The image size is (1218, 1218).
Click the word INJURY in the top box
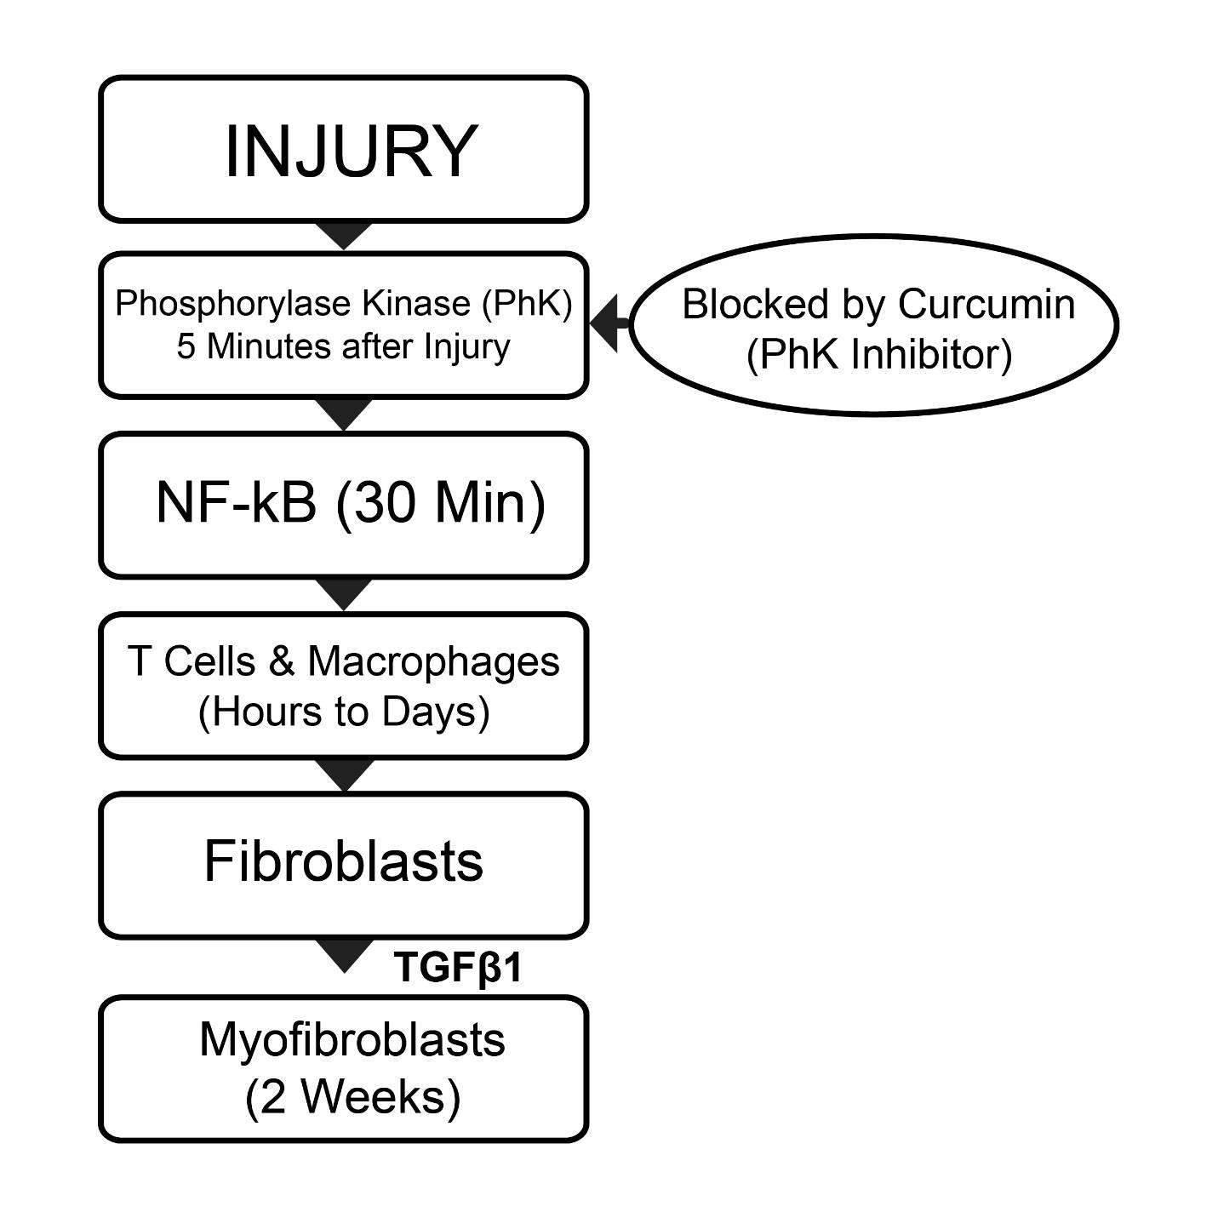(352, 152)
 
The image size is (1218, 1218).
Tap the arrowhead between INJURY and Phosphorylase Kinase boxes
(344, 235)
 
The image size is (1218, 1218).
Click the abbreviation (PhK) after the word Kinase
(527, 304)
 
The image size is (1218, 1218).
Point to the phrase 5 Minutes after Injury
(343, 347)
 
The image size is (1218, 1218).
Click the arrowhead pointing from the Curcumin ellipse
(604, 323)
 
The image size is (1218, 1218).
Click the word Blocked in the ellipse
(755, 305)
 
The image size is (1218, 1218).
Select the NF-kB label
(236, 503)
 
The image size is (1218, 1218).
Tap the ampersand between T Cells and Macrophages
(281, 661)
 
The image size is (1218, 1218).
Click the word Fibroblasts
(343, 861)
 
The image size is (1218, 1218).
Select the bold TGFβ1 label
(458, 967)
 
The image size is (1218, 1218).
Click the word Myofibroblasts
(352, 1041)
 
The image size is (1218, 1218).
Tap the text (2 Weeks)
(352, 1098)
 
